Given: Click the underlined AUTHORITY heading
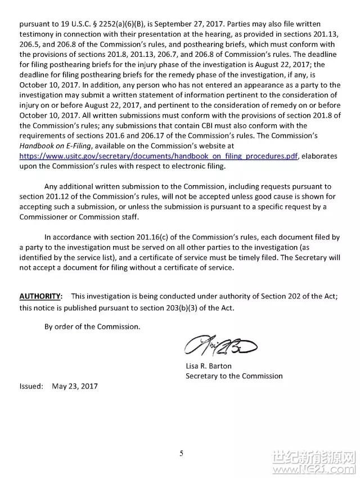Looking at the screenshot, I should [x=40, y=296].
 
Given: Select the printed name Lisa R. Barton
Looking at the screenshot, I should [x=209, y=366].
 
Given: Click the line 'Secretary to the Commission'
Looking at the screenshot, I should [x=234, y=376].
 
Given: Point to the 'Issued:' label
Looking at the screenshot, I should [x=31, y=386].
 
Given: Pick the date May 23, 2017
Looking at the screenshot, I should [x=75, y=386].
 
